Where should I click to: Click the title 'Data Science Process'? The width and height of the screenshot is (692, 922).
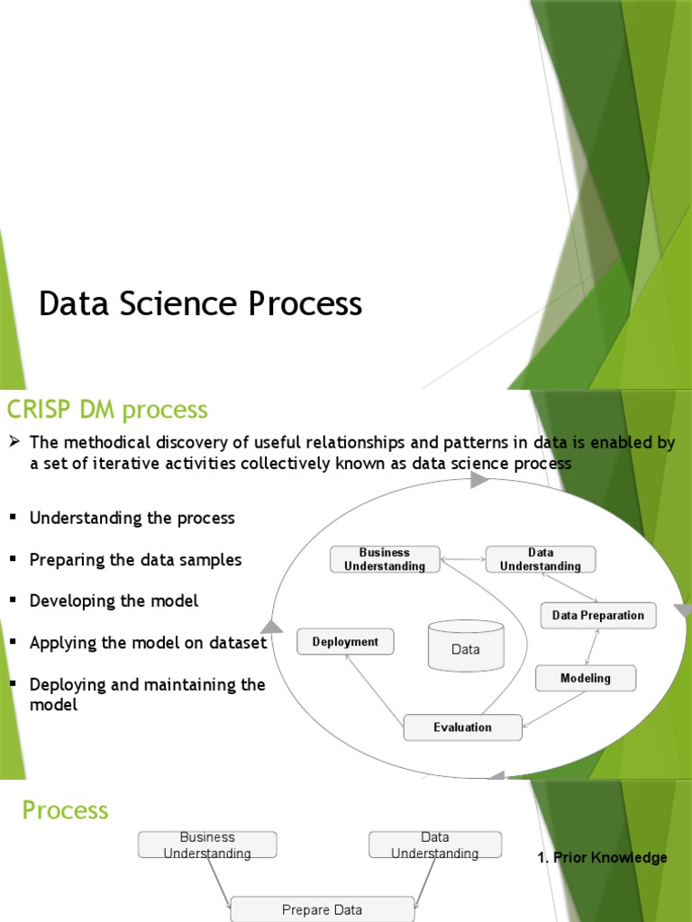pyautogui.click(x=200, y=304)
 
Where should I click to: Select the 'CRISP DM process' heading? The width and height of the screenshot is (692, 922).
pyautogui.click(x=107, y=410)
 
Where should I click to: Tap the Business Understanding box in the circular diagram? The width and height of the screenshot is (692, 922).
pyautogui.click(x=385, y=559)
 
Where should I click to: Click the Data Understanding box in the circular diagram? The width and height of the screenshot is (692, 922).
pyautogui.click(x=541, y=559)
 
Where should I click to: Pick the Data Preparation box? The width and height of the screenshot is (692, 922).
pyautogui.click(x=597, y=616)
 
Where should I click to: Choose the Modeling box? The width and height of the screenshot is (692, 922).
pyautogui.click(x=585, y=678)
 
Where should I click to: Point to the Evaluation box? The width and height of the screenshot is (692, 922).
pyautogui.click(x=462, y=728)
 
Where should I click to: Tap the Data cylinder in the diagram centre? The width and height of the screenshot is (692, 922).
pyautogui.click(x=466, y=646)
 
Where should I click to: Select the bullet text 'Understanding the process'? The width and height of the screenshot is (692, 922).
pyautogui.click(x=132, y=518)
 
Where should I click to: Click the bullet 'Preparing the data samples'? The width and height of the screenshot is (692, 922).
pyautogui.click(x=135, y=559)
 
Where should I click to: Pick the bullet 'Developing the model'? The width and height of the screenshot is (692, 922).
pyautogui.click(x=114, y=601)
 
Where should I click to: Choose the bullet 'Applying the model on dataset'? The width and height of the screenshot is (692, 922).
pyautogui.click(x=148, y=643)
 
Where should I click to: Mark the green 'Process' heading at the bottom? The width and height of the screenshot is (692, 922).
pyautogui.click(x=65, y=810)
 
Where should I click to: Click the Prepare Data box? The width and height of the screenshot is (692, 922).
pyautogui.click(x=323, y=909)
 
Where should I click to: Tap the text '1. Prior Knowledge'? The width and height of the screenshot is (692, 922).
pyautogui.click(x=602, y=858)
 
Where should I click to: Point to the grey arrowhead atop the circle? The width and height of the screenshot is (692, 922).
pyautogui.click(x=479, y=481)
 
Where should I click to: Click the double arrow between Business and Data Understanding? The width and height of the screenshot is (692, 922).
pyautogui.click(x=463, y=559)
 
